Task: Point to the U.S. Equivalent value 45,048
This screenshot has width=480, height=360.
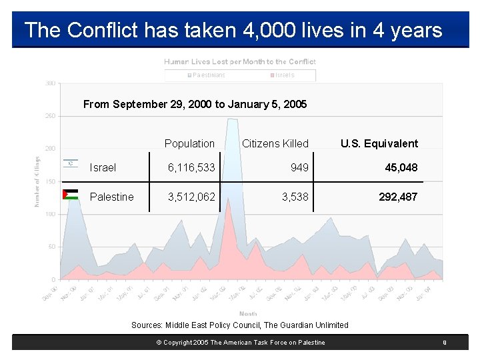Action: (401, 168)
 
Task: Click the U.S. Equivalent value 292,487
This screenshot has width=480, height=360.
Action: (398, 197)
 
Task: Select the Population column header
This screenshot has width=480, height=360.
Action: (189, 143)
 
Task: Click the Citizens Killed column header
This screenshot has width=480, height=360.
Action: (275, 143)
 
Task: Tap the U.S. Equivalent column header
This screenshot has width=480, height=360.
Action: (379, 143)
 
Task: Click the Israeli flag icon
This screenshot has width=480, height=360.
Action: (71, 163)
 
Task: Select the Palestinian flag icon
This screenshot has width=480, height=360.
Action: (71, 195)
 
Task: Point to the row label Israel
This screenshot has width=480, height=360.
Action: (103, 168)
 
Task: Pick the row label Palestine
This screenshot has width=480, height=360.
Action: (111, 197)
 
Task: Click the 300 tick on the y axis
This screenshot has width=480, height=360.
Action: (51, 83)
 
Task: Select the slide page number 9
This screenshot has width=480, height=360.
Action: (443, 343)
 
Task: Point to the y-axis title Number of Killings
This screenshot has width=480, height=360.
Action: (37, 181)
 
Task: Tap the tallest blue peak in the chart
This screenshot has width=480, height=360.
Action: (232, 120)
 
